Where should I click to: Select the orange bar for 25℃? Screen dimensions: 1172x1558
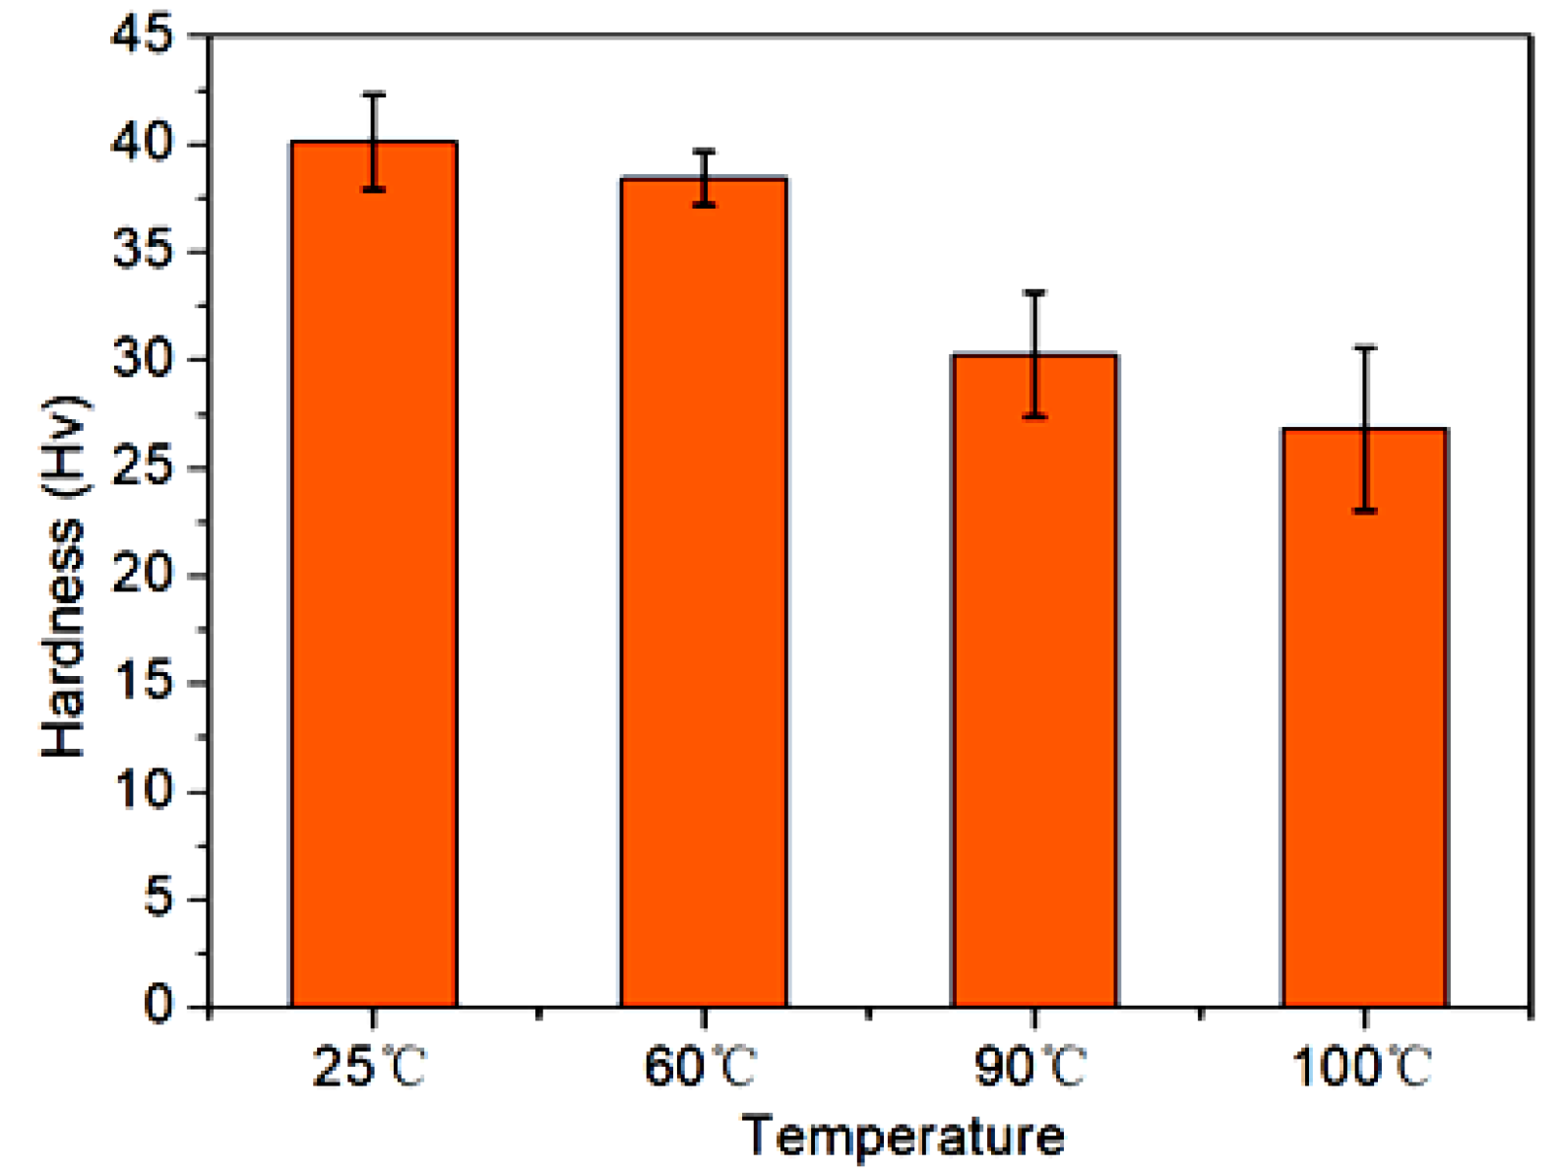pyautogui.click(x=374, y=590)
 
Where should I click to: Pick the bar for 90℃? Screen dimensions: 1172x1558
pyautogui.click(x=1034, y=689)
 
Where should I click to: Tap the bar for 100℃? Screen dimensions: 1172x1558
pyautogui.click(x=1364, y=728)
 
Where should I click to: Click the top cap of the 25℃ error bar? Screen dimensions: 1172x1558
pyautogui.click(x=374, y=95)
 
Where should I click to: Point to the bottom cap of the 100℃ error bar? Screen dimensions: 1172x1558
pyautogui.click(x=1364, y=511)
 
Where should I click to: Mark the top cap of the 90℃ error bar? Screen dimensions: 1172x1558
pyautogui.click(x=1034, y=293)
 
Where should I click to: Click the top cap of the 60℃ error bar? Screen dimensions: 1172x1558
pyautogui.click(x=704, y=152)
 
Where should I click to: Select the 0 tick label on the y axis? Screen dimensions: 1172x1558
pyautogui.click(x=157, y=1006)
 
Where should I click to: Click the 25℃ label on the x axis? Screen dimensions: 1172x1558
pyautogui.click(x=369, y=1067)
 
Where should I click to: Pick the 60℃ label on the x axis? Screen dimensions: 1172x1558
pyautogui.click(x=700, y=1067)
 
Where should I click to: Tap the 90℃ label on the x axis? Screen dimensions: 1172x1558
pyautogui.click(x=1030, y=1067)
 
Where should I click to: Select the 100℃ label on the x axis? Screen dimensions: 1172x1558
pyautogui.click(x=1361, y=1067)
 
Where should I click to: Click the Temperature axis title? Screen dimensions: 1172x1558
pyautogui.click(x=903, y=1137)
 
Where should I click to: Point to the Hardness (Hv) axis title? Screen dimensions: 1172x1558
pyautogui.click(x=64, y=576)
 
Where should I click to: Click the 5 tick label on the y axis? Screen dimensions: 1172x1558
pyautogui.click(x=157, y=898)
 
